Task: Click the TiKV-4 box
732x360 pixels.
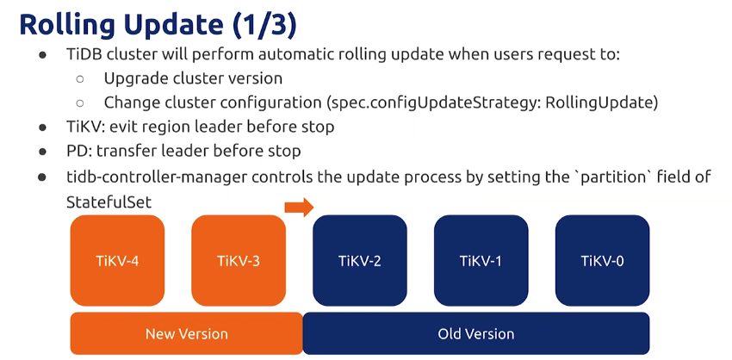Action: click(117, 260)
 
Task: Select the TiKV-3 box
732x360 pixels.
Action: click(239, 260)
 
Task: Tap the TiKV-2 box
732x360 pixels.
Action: click(360, 260)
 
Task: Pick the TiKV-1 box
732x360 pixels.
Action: click(481, 260)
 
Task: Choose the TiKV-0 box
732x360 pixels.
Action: click(602, 260)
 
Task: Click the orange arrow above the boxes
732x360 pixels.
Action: click(299, 207)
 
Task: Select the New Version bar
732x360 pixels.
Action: click(187, 333)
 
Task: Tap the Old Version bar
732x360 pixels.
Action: click(476, 333)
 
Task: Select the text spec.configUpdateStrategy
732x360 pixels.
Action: click(433, 102)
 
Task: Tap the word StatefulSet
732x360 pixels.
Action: click(109, 202)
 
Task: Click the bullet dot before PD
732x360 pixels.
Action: click(43, 152)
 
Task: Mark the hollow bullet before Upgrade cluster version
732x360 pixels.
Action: click(80, 78)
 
